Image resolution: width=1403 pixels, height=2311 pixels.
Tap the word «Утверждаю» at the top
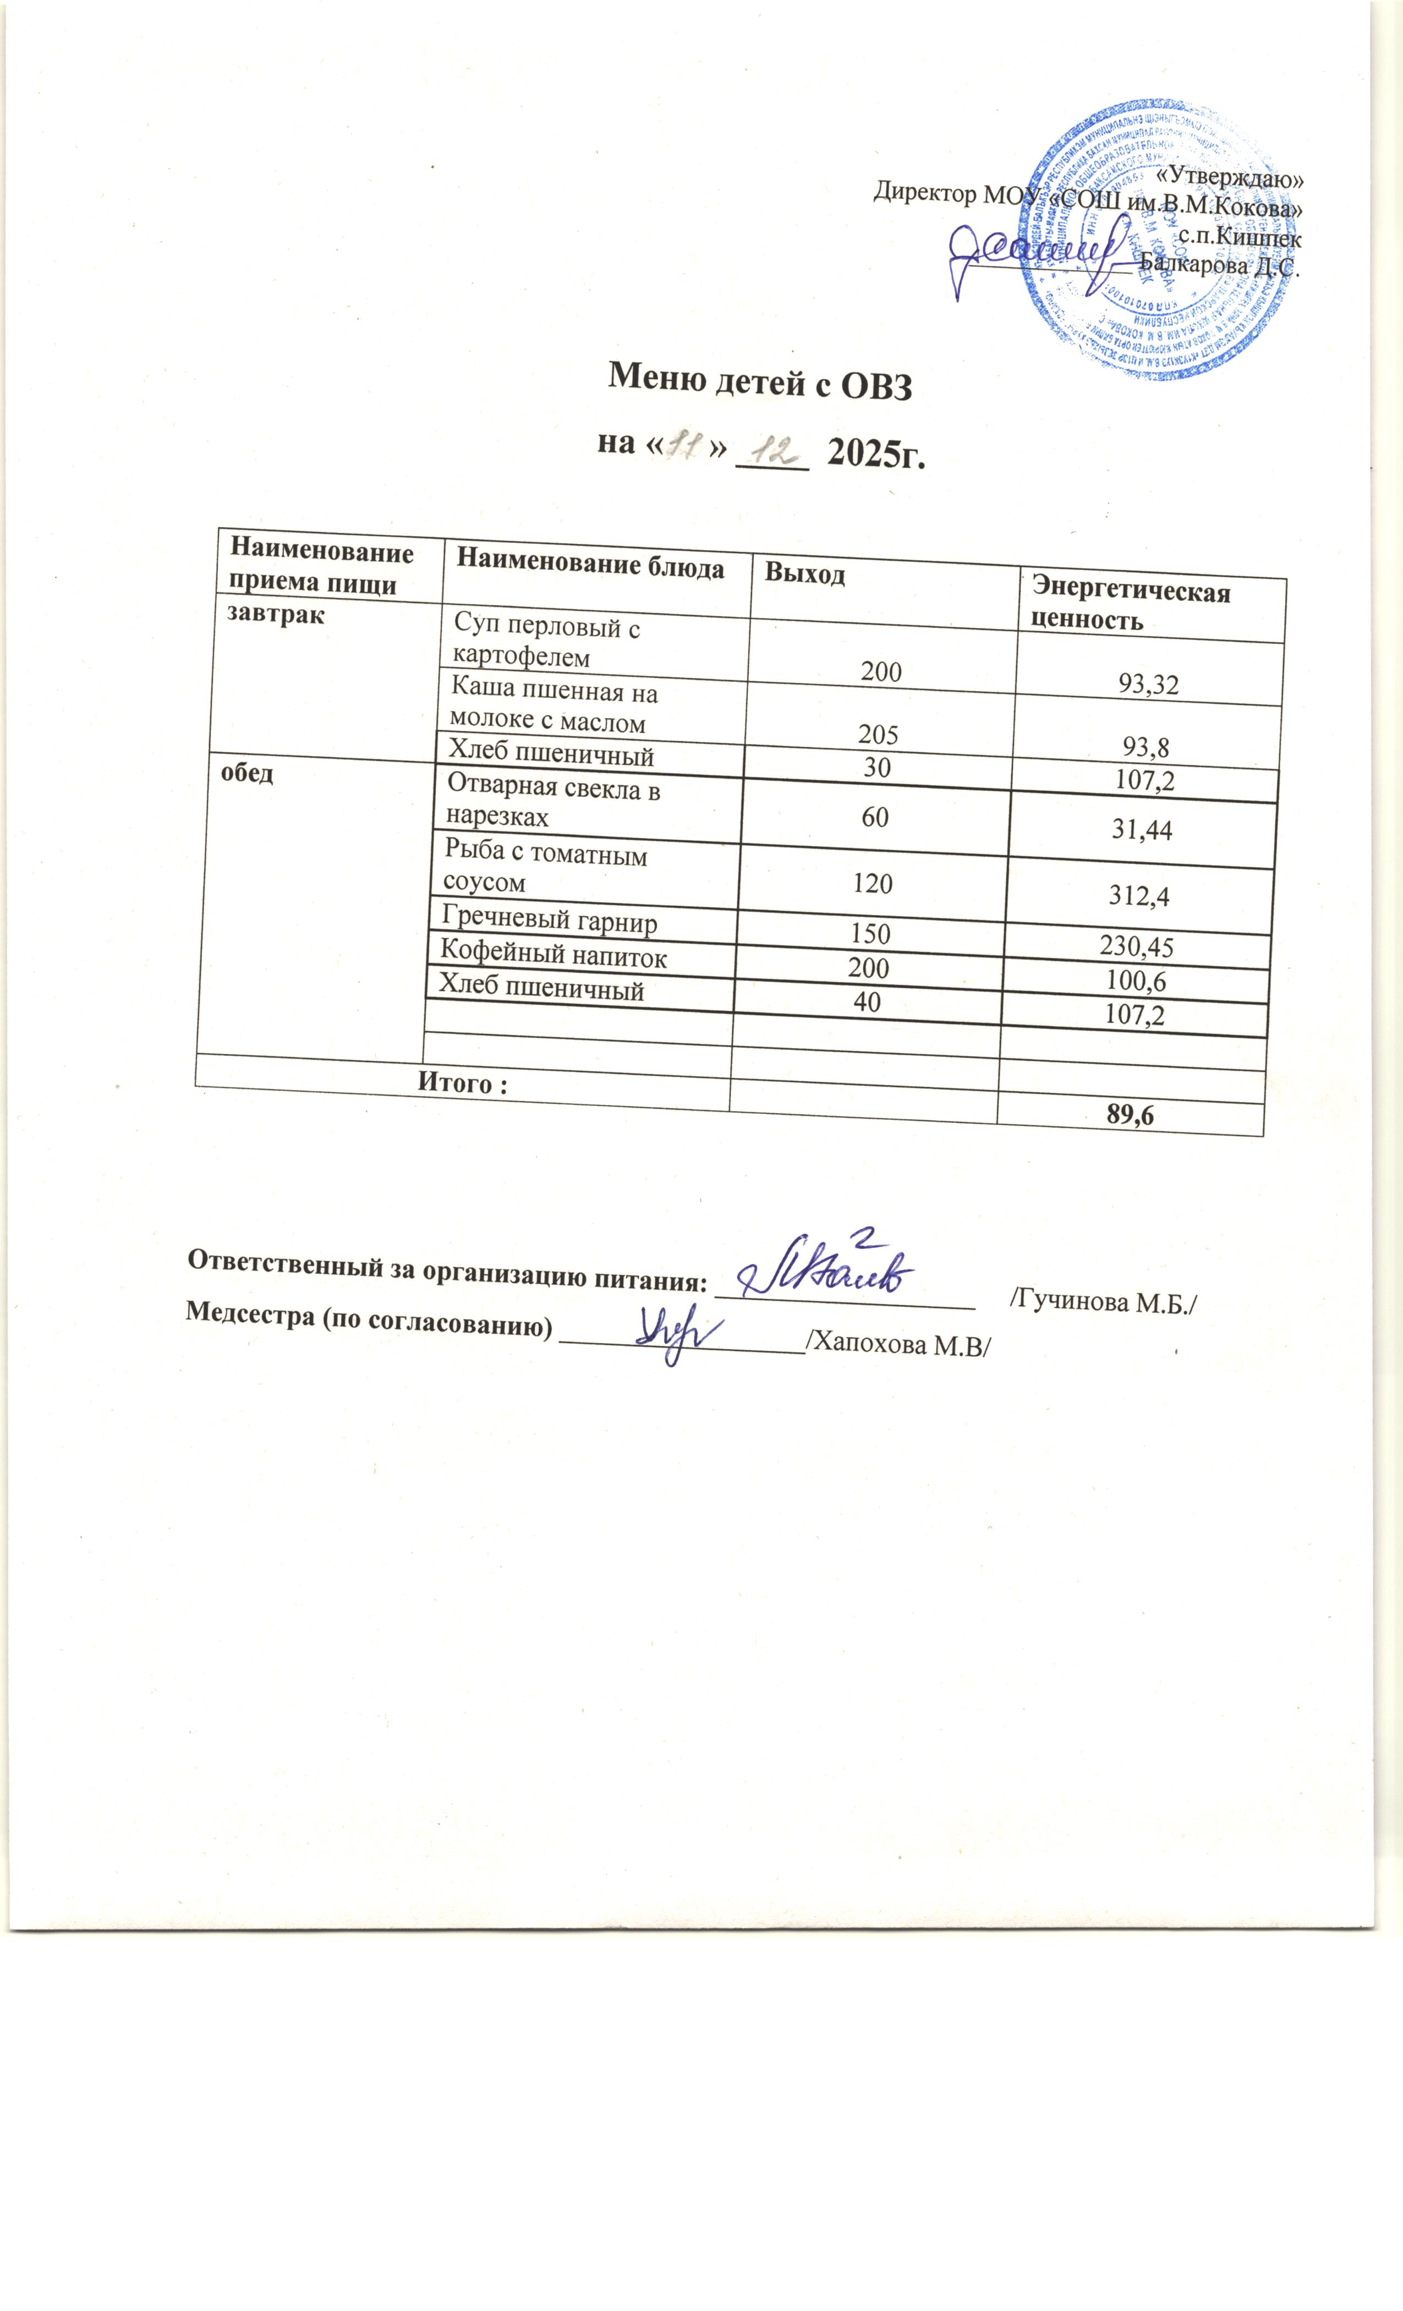point(1229,176)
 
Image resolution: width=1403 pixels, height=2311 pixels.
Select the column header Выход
point(804,574)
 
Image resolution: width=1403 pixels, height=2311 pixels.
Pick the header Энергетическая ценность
point(1130,605)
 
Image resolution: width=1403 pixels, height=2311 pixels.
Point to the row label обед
point(246,773)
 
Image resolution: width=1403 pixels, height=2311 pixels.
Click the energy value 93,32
point(1148,684)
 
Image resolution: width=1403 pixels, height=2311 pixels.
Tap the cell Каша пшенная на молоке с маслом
point(553,707)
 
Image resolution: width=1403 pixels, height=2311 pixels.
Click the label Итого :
point(462,1083)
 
